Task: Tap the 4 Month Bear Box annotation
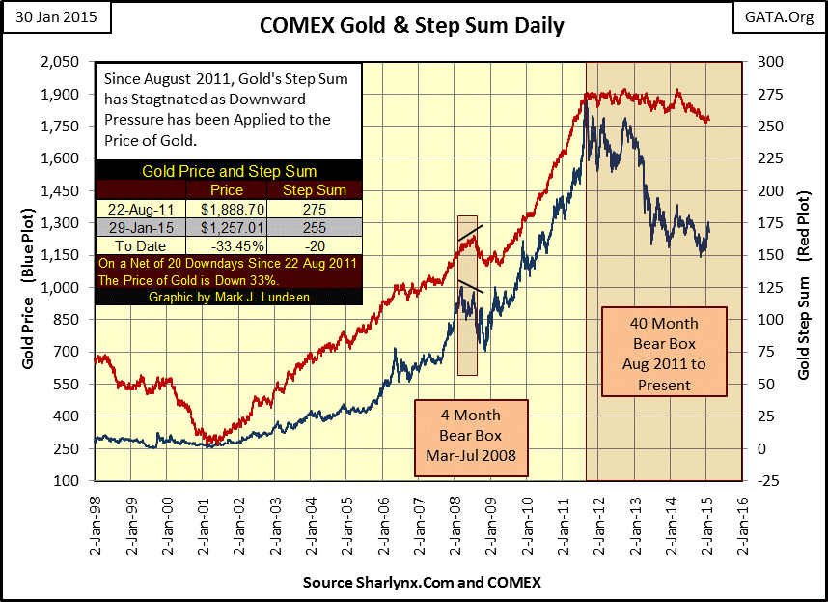coord(472,438)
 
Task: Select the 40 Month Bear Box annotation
coord(664,353)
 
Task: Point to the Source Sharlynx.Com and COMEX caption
coord(422,583)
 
